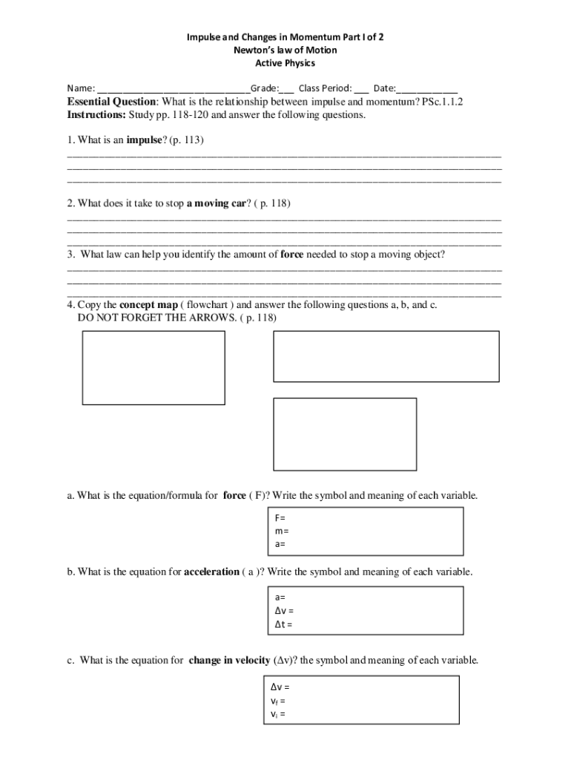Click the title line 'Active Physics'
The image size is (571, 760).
click(285, 63)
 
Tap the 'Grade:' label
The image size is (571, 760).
click(265, 88)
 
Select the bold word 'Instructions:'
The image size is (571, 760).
click(96, 115)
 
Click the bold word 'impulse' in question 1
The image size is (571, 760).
click(145, 140)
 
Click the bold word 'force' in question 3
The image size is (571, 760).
click(292, 254)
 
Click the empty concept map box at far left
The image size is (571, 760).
click(153, 367)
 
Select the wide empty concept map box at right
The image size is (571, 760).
click(386, 356)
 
